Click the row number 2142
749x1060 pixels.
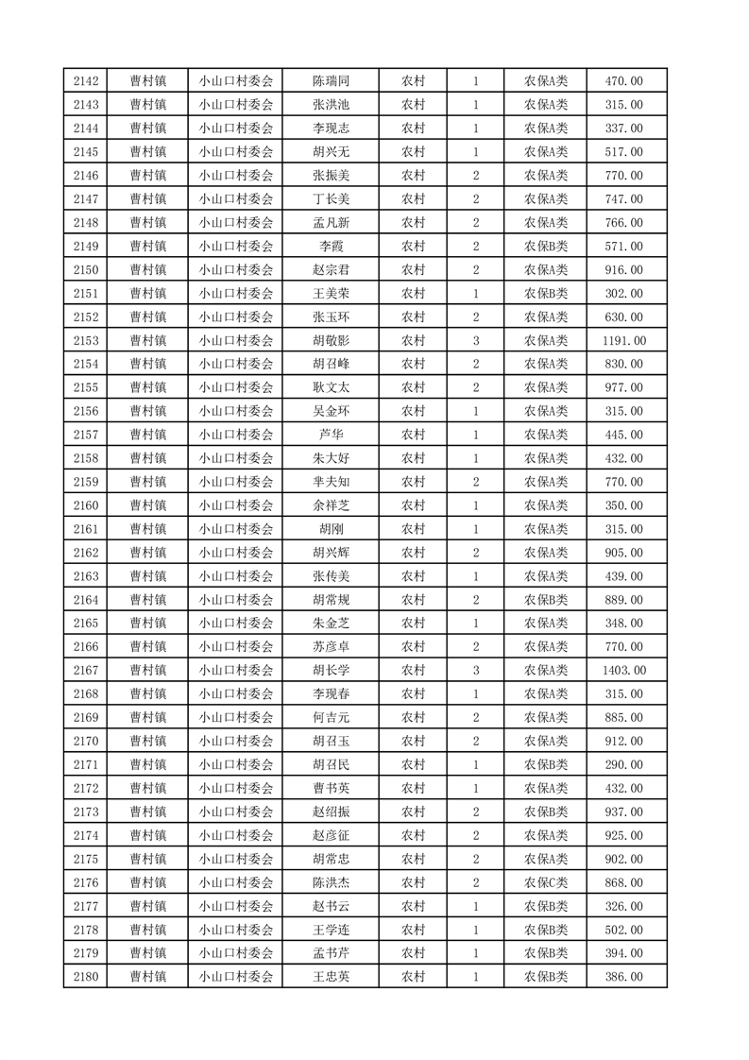pyautogui.click(x=85, y=81)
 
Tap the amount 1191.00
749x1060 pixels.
pyautogui.click(x=623, y=340)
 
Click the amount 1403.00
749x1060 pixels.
pyautogui.click(x=623, y=671)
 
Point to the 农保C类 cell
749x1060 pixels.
pyautogui.click(x=546, y=882)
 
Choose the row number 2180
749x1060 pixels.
pyautogui.click(x=85, y=977)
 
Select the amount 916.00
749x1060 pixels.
pyautogui.click(x=623, y=270)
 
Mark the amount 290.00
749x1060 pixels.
pyautogui.click(x=623, y=764)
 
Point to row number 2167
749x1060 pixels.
pyautogui.click(x=85, y=671)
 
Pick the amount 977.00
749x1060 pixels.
pyautogui.click(x=623, y=387)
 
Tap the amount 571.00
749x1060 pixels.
pyautogui.click(x=623, y=247)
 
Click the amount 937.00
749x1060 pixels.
pyautogui.click(x=623, y=812)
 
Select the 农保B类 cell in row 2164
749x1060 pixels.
pyautogui.click(x=546, y=600)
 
